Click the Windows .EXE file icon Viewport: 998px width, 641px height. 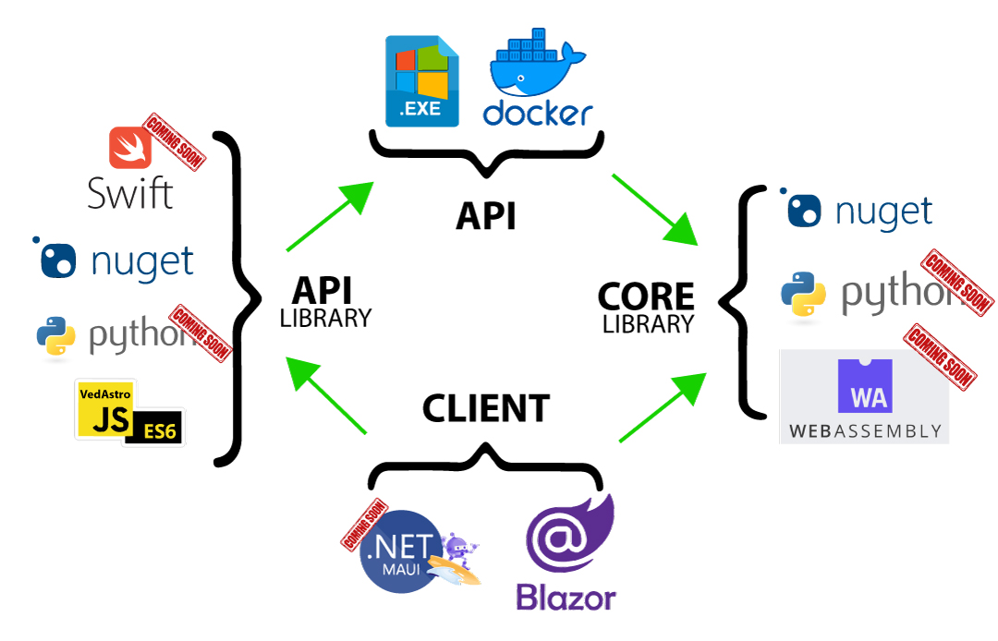pyautogui.click(x=422, y=81)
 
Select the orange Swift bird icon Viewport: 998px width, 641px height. pyautogui.click(x=129, y=147)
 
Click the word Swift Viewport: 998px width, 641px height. pyautogui.click(x=129, y=193)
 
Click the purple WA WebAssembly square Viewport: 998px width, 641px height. pyautogui.click(x=864, y=386)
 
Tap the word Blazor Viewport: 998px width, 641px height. pyautogui.click(x=566, y=598)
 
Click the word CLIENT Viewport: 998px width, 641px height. pyautogui.click(x=486, y=407)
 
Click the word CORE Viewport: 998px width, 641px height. pyautogui.click(x=646, y=296)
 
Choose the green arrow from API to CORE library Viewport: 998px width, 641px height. pyautogui.click(x=654, y=208)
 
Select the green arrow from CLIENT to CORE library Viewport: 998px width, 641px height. pyautogui.click(x=663, y=405)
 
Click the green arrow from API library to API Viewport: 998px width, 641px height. pyautogui.click(x=330, y=216)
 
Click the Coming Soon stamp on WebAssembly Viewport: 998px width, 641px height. pyautogui.click(x=940, y=356)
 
